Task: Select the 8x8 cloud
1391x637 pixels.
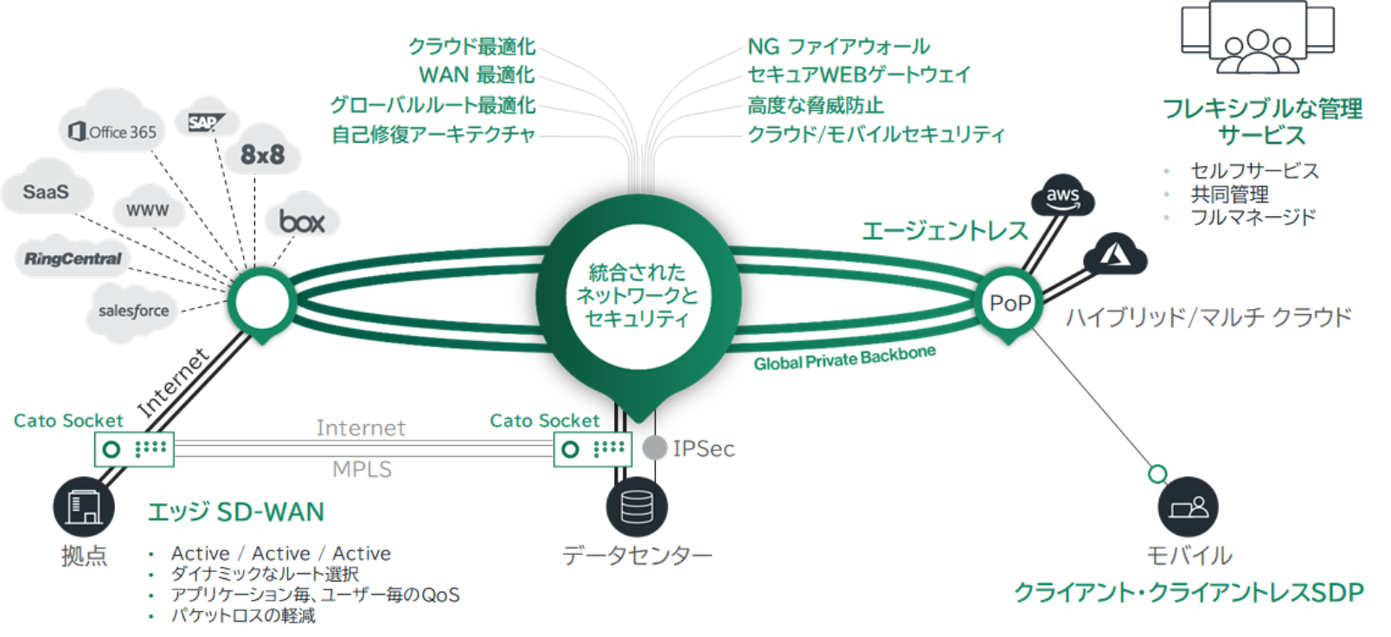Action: coord(262,155)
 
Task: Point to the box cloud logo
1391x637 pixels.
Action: coord(302,222)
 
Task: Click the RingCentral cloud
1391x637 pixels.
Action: coord(73,259)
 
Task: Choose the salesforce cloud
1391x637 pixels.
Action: coord(133,311)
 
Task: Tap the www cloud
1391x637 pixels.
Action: coord(147,210)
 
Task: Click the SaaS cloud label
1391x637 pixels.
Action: coord(46,192)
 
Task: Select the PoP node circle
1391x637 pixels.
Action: coord(1010,303)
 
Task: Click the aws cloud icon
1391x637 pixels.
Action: coord(1062,196)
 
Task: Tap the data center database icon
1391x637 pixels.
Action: coord(637,506)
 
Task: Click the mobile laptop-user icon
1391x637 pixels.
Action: coord(1188,506)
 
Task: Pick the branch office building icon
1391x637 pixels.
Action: coord(83,506)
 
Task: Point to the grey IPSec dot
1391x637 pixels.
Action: coord(655,447)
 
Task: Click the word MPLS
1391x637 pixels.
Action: coord(362,469)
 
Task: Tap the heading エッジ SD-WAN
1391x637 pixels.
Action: coord(235,512)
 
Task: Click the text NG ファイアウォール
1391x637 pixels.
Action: coord(838,47)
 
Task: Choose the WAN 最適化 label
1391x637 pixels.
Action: coord(477,75)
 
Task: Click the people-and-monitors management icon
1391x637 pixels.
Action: coord(1258,39)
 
